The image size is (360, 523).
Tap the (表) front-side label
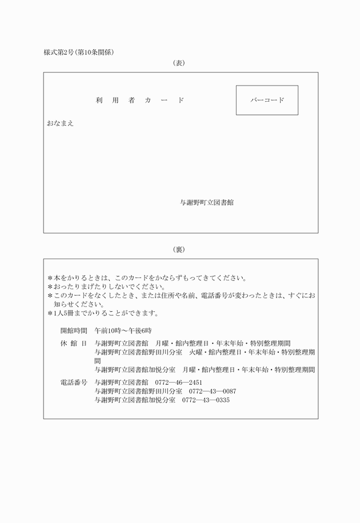[179, 63]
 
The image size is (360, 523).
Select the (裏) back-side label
[179, 250]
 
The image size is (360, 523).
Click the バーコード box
[267, 100]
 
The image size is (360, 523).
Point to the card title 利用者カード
[140, 100]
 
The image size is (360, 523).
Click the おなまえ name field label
[60, 123]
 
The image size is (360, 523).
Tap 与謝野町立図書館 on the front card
[207, 202]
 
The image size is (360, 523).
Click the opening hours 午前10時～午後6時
[123, 331]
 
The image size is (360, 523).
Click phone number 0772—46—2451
[179, 383]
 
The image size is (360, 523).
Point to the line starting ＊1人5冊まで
[103, 313]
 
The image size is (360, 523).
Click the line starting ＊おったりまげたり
[106, 287]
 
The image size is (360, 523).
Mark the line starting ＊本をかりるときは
[147, 279]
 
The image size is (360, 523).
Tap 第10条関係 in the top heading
[99, 53]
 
